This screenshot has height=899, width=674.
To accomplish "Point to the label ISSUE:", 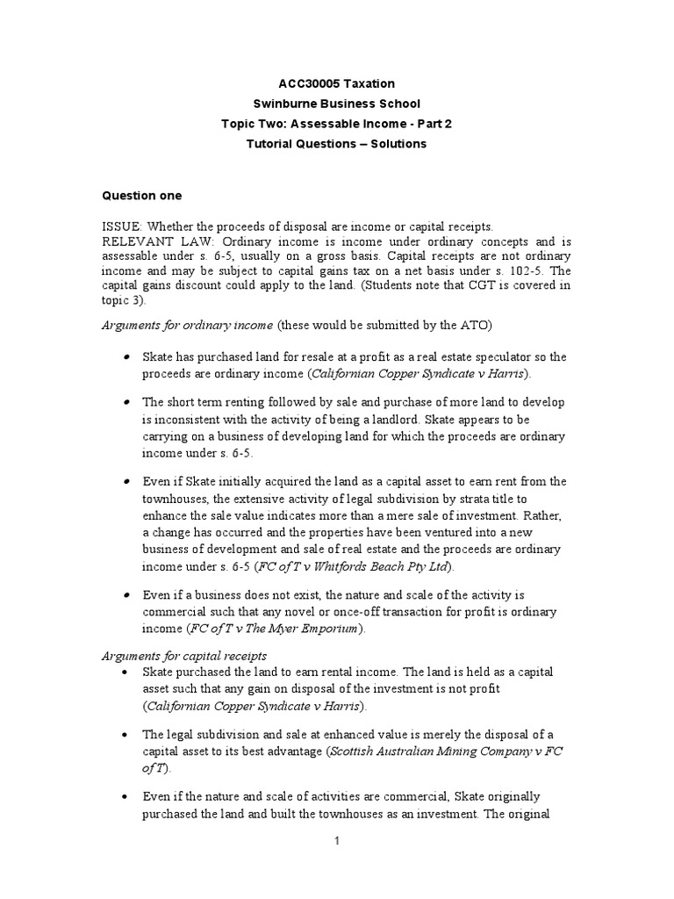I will click(x=122, y=227).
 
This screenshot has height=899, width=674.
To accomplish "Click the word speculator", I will click(x=490, y=357).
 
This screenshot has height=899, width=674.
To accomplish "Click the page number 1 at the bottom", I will click(x=336, y=840).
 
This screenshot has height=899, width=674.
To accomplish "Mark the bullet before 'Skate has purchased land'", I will click(x=127, y=357).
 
